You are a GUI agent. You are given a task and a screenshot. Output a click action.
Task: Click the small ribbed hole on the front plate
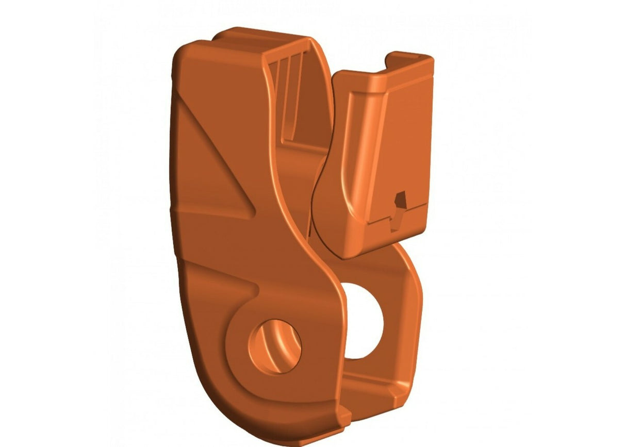point(274,346)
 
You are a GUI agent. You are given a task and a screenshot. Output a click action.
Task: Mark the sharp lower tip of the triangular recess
point(254,211)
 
